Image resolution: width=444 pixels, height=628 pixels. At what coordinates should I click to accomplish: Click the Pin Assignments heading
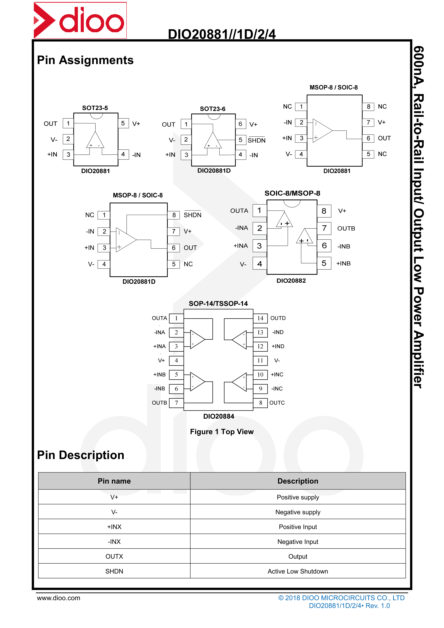(85, 60)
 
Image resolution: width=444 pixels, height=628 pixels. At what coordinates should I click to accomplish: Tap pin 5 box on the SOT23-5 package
(123, 123)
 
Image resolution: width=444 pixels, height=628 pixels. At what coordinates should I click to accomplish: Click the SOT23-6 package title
(213, 109)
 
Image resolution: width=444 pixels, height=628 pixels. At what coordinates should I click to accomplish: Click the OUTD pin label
(278, 318)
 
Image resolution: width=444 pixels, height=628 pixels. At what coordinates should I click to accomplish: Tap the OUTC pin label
(277, 403)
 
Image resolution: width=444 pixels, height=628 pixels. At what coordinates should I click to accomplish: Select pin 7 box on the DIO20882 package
(324, 228)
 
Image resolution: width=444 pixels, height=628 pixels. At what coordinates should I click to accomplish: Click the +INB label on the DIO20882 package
(343, 263)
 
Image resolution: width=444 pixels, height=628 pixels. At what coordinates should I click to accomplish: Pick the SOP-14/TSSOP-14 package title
(218, 304)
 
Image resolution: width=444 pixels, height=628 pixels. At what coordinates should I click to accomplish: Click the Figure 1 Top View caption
(222, 432)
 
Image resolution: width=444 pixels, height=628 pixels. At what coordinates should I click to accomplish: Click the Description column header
(298, 481)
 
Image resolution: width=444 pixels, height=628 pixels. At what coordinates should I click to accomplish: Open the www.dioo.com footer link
(59, 598)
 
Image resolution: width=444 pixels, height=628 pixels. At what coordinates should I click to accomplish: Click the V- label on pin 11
(277, 360)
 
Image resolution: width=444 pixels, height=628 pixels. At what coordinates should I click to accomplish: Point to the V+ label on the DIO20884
(161, 360)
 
